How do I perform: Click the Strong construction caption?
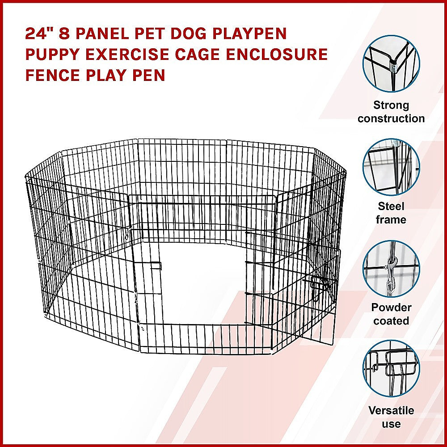tap(391, 112)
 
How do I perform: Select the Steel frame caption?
tap(391, 213)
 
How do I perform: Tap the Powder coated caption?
tap(391, 314)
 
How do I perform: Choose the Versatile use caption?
tap(391, 417)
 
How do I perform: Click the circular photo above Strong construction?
tap(391, 63)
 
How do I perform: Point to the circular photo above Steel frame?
tap(391, 167)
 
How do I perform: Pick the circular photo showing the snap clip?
tap(391, 269)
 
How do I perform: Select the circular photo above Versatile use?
tap(391, 369)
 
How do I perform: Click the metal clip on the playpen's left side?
tap(128, 232)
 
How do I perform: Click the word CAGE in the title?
tap(198, 54)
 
